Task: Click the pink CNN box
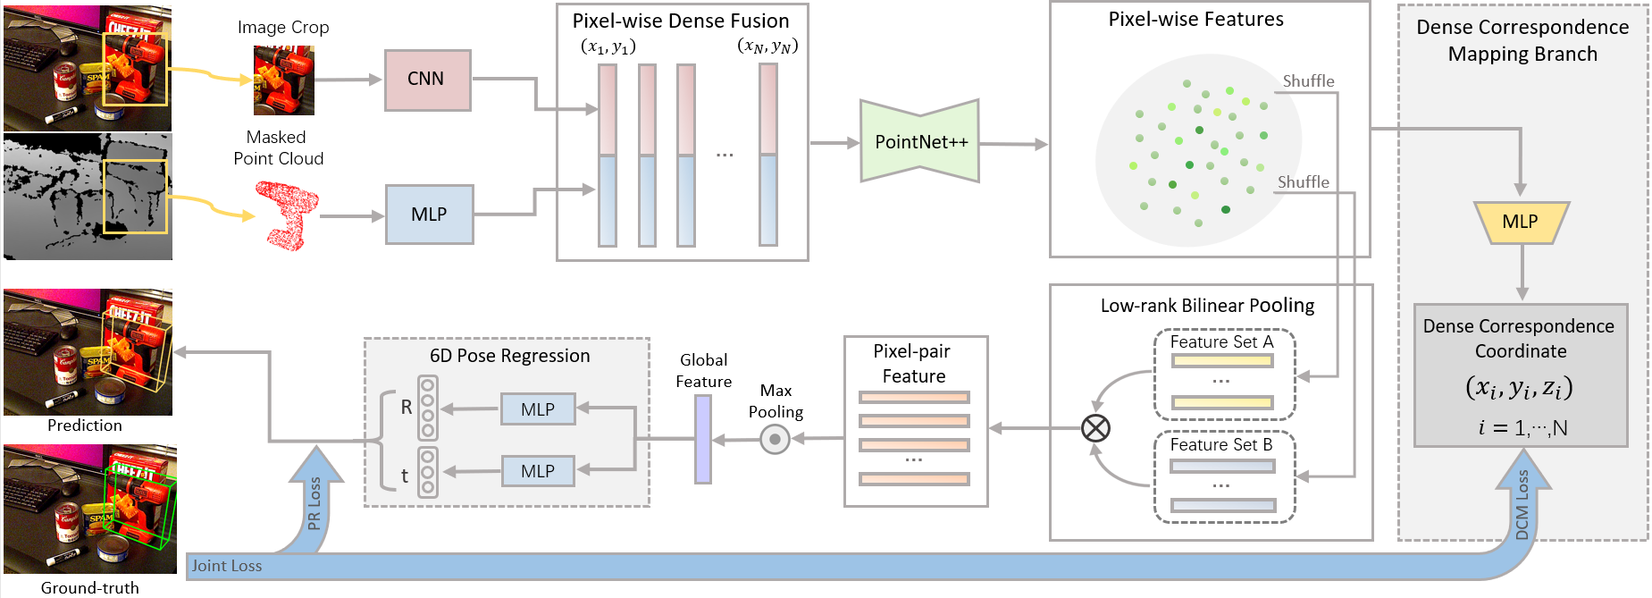[427, 80]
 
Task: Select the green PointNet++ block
[920, 142]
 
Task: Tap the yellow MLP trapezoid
[1520, 222]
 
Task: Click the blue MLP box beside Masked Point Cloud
[429, 215]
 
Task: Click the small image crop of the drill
[284, 81]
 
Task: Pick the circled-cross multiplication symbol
[1095, 428]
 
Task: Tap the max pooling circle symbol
[775, 439]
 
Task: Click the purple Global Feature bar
[703, 439]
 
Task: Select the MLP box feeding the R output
[537, 409]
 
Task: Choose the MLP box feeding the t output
[537, 471]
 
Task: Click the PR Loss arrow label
[314, 502]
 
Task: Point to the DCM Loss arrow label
[1522, 504]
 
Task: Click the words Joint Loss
[227, 566]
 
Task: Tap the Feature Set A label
[1221, 342]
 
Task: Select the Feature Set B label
[1220, 445]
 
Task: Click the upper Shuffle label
[1308, 81]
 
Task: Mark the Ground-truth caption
[90, 588]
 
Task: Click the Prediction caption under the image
[85, 425]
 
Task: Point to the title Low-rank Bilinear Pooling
[1207, 306]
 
